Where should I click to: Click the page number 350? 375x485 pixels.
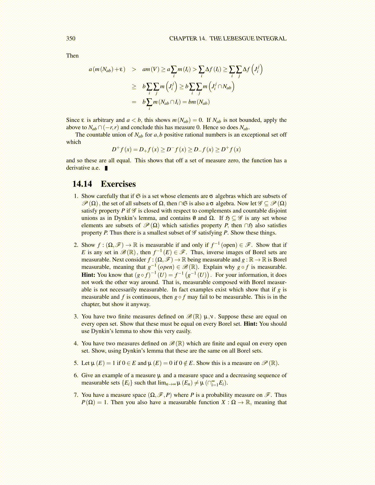pyautogui.click(x=70, y=38)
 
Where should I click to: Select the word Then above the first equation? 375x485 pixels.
pyautogui.click(x=72, y=55)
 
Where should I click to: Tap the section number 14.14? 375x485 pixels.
pyautogui.click(x=82, y=184)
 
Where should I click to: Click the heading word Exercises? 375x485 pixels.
pyautogui.click(x=118, y=184)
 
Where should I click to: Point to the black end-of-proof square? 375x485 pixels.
pyautogui.click(x=106, y=168)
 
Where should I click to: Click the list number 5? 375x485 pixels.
pyautogui.click(x=76, y=363)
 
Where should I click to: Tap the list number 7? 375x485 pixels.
pyautogui.click(x=76, y=395)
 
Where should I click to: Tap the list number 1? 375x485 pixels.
pyautogui.click(x=76, y=196)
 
